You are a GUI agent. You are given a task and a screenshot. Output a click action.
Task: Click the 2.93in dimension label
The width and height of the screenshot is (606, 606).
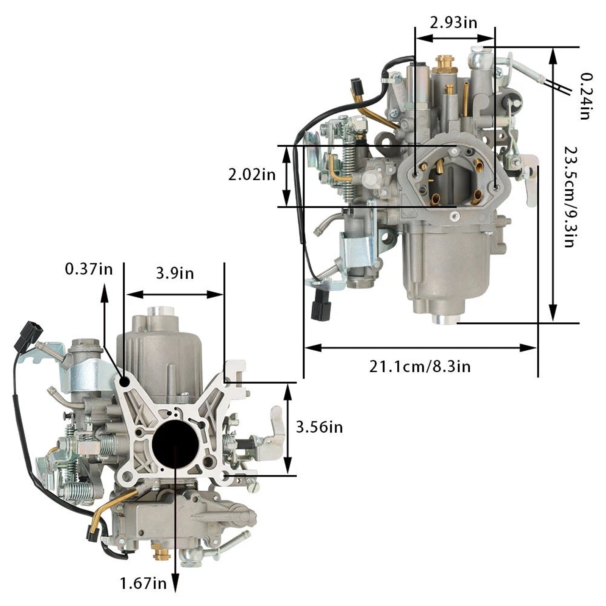pyautogui.click(x=453, y=23)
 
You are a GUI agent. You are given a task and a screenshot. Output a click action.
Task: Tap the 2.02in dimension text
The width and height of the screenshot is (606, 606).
pyautogui.click(x=251, y=175)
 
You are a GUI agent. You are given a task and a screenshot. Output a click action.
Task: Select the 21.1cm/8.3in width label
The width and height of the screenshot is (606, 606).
pyautogui.click(x=420, y=367)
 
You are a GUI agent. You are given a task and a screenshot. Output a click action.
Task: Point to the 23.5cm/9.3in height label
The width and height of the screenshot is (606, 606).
pyautogui.click(x=570, y=197)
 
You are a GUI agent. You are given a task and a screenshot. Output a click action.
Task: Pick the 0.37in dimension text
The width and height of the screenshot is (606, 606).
pyautogui.click(x=89, y=269)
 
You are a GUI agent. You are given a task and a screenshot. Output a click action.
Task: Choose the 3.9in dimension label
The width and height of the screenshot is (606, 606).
pyautogui.click(x=175, y=273)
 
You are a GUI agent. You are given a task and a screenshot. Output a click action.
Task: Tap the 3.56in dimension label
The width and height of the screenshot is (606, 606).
pyautogui.click(x=319, y=427)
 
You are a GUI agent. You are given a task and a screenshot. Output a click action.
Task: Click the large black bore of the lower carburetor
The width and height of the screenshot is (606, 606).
pyautogui.click(x=175, y=444)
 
